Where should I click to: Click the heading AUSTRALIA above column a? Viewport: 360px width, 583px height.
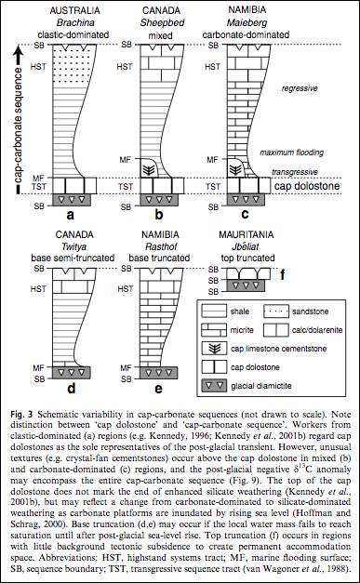74,10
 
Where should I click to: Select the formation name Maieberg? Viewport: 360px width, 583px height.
246,22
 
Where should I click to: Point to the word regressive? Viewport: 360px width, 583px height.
299,88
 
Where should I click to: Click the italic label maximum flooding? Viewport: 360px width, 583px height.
291,152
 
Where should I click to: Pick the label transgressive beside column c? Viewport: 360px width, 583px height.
295,172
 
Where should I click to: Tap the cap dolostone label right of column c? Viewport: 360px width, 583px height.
307,186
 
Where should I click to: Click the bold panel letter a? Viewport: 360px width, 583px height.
71,214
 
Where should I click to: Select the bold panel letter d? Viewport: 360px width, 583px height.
71,389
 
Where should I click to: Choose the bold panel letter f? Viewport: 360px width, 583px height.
282,276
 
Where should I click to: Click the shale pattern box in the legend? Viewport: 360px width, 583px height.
214,311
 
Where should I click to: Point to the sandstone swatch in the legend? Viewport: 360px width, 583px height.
276,311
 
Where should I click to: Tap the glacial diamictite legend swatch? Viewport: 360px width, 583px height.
214,385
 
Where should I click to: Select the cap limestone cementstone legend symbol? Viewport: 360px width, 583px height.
214,349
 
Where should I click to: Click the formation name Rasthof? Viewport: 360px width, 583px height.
160,246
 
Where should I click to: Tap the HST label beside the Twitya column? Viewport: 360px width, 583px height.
39,288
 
